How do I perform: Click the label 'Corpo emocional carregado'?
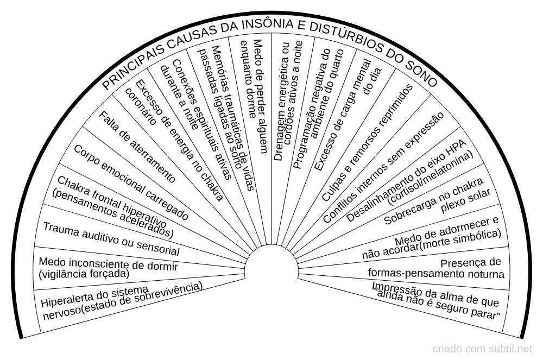point(130,182)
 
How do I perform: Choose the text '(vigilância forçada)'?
point(84,274)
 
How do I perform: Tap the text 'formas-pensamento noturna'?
point(436,274)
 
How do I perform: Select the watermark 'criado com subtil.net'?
point(482,349)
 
